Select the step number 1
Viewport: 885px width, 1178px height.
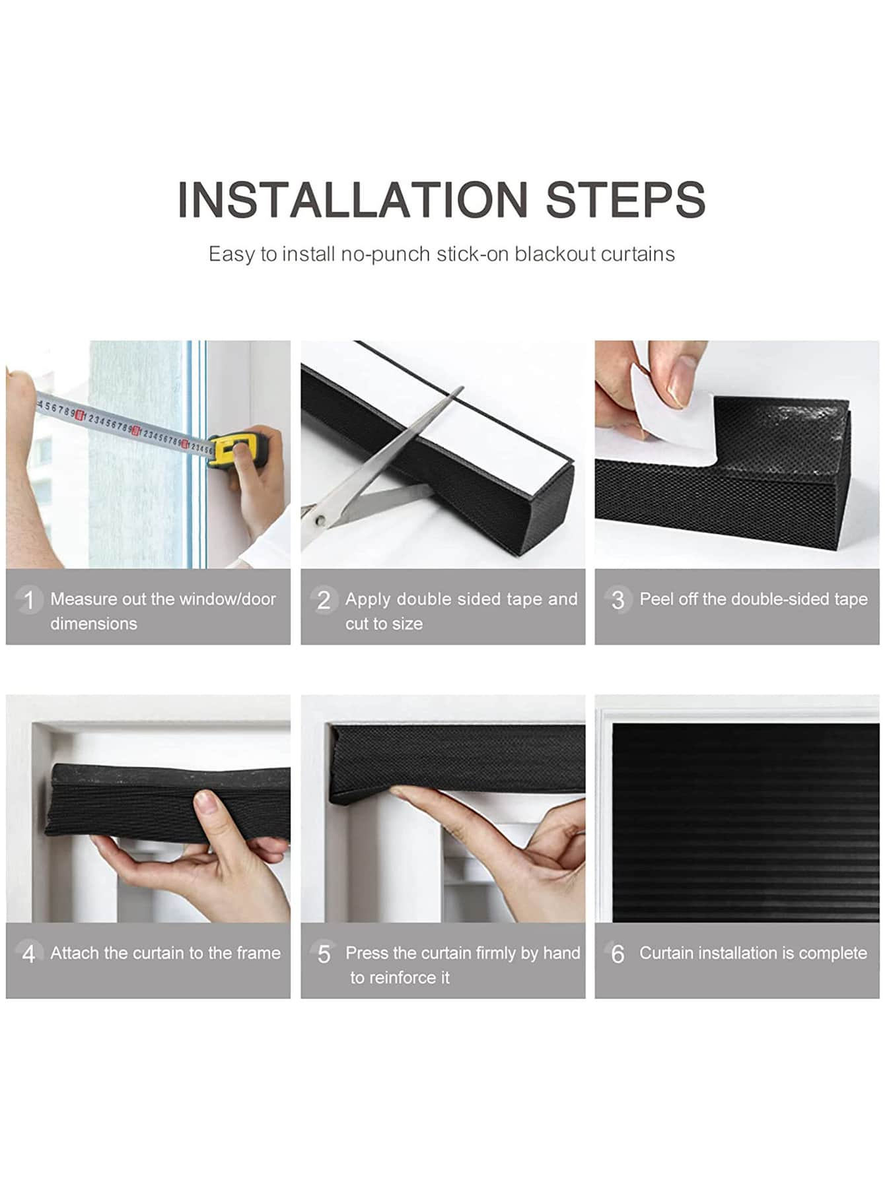[x=29, y=600]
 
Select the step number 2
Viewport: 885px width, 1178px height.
[x=324, y=600]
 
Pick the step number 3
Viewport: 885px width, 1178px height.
[x=618, y=600]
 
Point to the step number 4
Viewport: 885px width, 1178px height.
[x=28, y=954]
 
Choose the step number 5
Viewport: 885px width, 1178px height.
[x=324, y=954]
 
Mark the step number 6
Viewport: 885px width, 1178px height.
[x=618, y=954]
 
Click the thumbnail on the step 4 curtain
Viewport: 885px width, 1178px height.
[x=206, y=804]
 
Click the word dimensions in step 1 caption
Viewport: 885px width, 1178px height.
[x=94, y=624]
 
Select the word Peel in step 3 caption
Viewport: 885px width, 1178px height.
[x=655, y=599]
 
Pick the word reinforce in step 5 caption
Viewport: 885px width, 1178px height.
[x=399, y=977]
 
